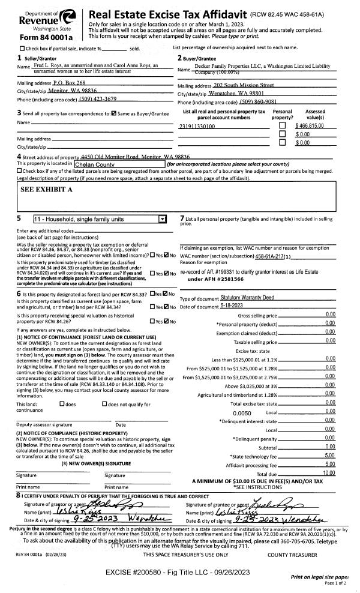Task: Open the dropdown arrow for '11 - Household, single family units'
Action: (160, 220)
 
